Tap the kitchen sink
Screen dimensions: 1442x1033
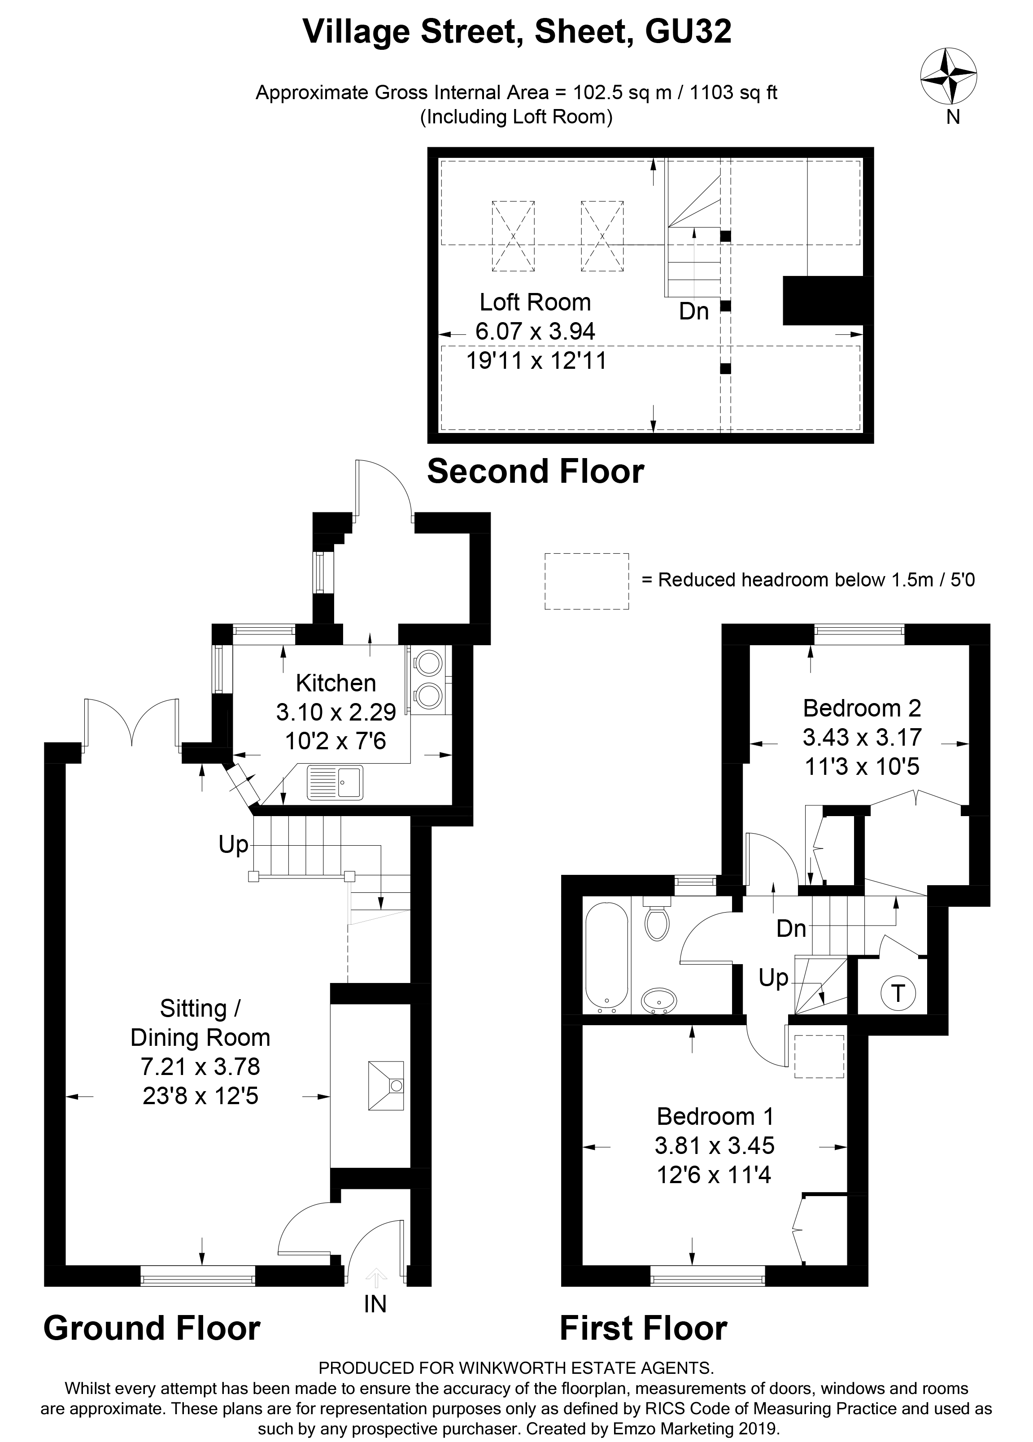point(335,782)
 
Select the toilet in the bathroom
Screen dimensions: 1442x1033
point(656,919)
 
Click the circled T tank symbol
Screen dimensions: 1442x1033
point(897,992)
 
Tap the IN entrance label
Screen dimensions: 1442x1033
point(375,1304)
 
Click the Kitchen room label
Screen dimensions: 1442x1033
point(336,683)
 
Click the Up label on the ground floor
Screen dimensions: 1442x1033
point(233,845)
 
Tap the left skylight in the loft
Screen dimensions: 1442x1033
point(512,236)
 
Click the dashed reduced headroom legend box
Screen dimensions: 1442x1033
point(586,581)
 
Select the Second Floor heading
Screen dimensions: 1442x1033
point(535,472)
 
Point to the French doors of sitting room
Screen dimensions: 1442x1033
point(131,723)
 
